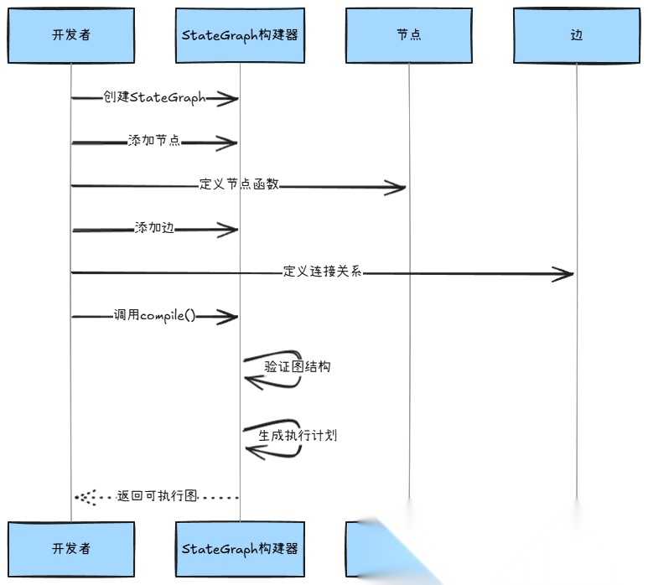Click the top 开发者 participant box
[71, 35]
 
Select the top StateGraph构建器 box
[240, 35]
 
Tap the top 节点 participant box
[409, 35]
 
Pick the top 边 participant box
[577, 35]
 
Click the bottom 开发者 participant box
[71, 549]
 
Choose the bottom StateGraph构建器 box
[240, 549]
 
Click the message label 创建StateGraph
[154, 97]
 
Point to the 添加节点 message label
[154, 141]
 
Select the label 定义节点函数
[239, 184]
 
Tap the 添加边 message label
[154, 228]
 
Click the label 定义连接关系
[322, 272]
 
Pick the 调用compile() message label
[154, 316]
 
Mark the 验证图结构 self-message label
[298, 366]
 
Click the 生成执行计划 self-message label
[298, 436]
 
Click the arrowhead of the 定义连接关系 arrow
[564, 273]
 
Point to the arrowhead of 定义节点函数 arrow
[396, 187]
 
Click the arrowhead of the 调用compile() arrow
[228, 317]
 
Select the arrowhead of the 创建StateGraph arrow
[228, 99]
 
